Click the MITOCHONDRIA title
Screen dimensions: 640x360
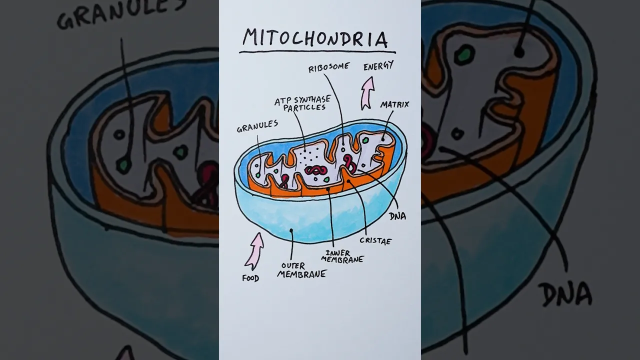click(x=315, y=38)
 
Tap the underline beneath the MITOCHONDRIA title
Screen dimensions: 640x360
click(x=317, y=52)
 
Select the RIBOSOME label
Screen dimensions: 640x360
click(x=329, y=67)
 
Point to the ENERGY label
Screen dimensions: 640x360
click(x=378, y=65)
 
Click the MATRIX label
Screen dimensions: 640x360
click(x=394, y=104)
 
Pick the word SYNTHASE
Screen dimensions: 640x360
click(x=312, y=100)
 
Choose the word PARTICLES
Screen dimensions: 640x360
click(x=304, y=108)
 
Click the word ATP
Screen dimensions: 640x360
click(x=283, y=101)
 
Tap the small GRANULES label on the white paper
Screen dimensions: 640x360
click(x=257, y=126)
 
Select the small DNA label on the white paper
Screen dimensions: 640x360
click(x=397, y=216)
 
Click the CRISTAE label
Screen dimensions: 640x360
click(x=375, y=241)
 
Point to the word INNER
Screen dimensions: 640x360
click(x=338, y=253)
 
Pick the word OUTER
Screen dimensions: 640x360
click(x=293, y=266)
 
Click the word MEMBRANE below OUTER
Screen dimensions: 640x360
click(x=301, y=274)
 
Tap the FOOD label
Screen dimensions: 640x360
click(x=250, y=278)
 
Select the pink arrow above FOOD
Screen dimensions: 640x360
click(x=254, y=251)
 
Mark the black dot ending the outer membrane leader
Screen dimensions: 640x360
click(x=291, y=230)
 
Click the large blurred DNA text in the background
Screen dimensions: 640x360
click(x=565, y=294)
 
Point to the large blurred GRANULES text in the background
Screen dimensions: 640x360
click(x=121, y=14)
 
